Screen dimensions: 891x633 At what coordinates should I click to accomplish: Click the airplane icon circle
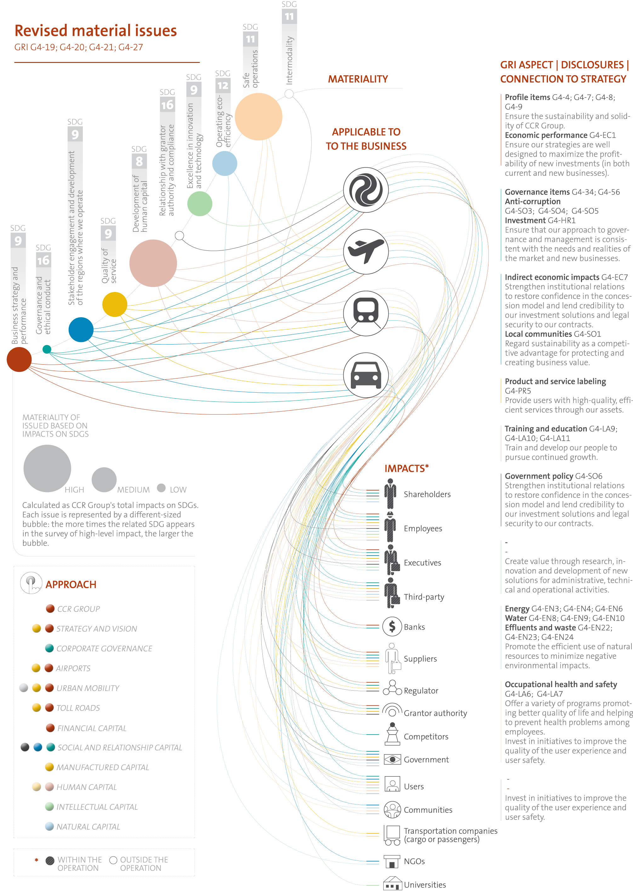(x=366, y=252)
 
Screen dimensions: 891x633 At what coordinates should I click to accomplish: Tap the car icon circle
(x=366, y=375)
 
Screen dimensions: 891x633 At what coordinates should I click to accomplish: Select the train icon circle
(x=366, y=313)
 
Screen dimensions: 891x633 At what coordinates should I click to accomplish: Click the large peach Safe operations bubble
(x=259, y=116)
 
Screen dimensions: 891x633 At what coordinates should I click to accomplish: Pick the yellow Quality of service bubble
(x=115, y=305)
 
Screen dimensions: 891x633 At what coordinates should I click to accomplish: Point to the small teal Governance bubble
(x=47, y=349)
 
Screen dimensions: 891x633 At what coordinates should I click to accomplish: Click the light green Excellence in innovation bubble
(x=200, y=204)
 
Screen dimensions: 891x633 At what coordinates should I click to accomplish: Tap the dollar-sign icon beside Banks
(x=392, y=627)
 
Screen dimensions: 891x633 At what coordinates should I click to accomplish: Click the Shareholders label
(x=427, y=494)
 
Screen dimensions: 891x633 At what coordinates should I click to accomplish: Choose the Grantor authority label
(x=435, y=713)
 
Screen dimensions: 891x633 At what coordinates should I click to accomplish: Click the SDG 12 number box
(x=223, y=86)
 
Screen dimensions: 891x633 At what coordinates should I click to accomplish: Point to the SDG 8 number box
(x=139, y=161)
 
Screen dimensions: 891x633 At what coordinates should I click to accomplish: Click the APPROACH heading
(x=71, y=585)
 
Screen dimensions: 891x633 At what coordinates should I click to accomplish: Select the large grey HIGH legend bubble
(x=47, y=468)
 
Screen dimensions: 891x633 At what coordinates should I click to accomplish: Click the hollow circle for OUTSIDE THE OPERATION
(x=113, y=860)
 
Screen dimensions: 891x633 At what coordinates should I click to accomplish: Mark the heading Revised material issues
(x=95, y=31)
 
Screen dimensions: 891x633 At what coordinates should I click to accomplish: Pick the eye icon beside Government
(x=392, y=759)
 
